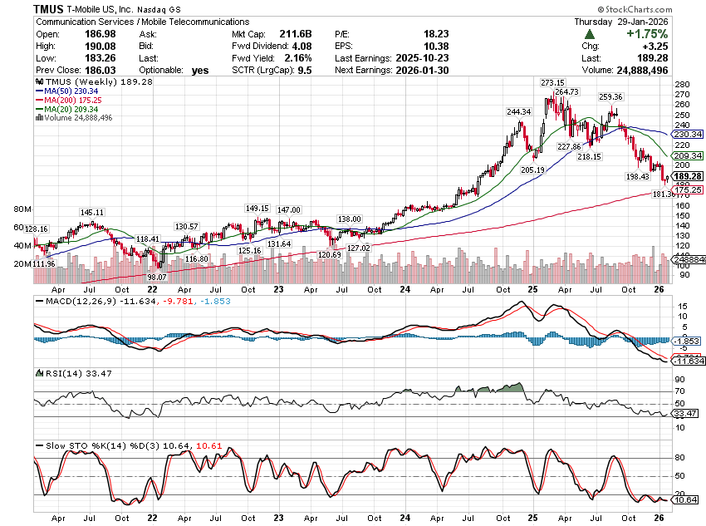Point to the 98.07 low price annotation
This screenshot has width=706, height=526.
[157, 277]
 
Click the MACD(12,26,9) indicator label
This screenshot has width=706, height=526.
[76, 299]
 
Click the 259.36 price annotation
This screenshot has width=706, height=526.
[610, 97]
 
